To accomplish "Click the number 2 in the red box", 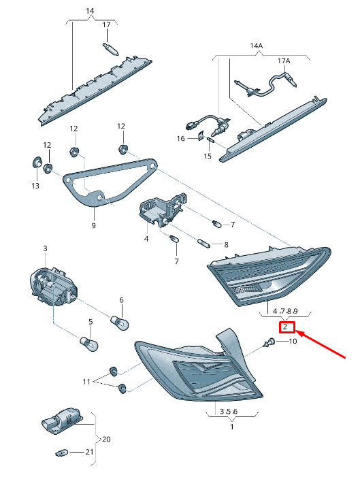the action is click(285, 327).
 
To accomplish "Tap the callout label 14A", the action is click(257, 46).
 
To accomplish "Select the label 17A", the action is click(284, 61).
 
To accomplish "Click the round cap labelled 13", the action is click(37, 162).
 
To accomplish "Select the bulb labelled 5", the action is click(89, 344).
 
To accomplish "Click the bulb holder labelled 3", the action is click(53, 286).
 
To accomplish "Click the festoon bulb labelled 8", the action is click(203, 244).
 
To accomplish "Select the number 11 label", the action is click(86, 382).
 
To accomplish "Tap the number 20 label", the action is click(106, 439).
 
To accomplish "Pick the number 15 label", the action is click(208, 156).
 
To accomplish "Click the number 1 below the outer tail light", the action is click(232, 427).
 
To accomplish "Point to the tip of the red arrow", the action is click(296, 331).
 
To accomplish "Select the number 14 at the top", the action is click(90, 11).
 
